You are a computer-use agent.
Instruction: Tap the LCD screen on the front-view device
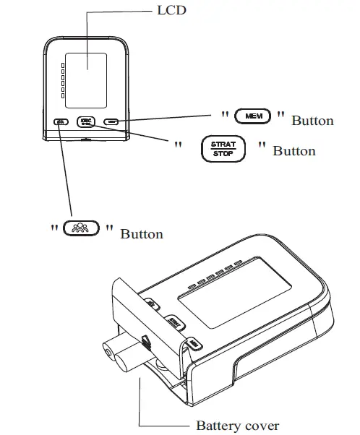(85, 71)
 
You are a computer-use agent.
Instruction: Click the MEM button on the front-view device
(111, 121)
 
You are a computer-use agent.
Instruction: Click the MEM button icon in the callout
(254, 116)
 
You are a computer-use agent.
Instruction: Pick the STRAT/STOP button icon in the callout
(223, 149)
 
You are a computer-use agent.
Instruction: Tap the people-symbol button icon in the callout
(81, 229)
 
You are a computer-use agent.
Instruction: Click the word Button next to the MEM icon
(312, 121)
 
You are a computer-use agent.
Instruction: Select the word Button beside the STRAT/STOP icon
(293, 151)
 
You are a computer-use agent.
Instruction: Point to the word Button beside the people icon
(141, 234)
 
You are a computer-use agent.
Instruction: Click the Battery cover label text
(237, 426)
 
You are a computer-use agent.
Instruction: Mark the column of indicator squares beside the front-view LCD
(62, 79)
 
